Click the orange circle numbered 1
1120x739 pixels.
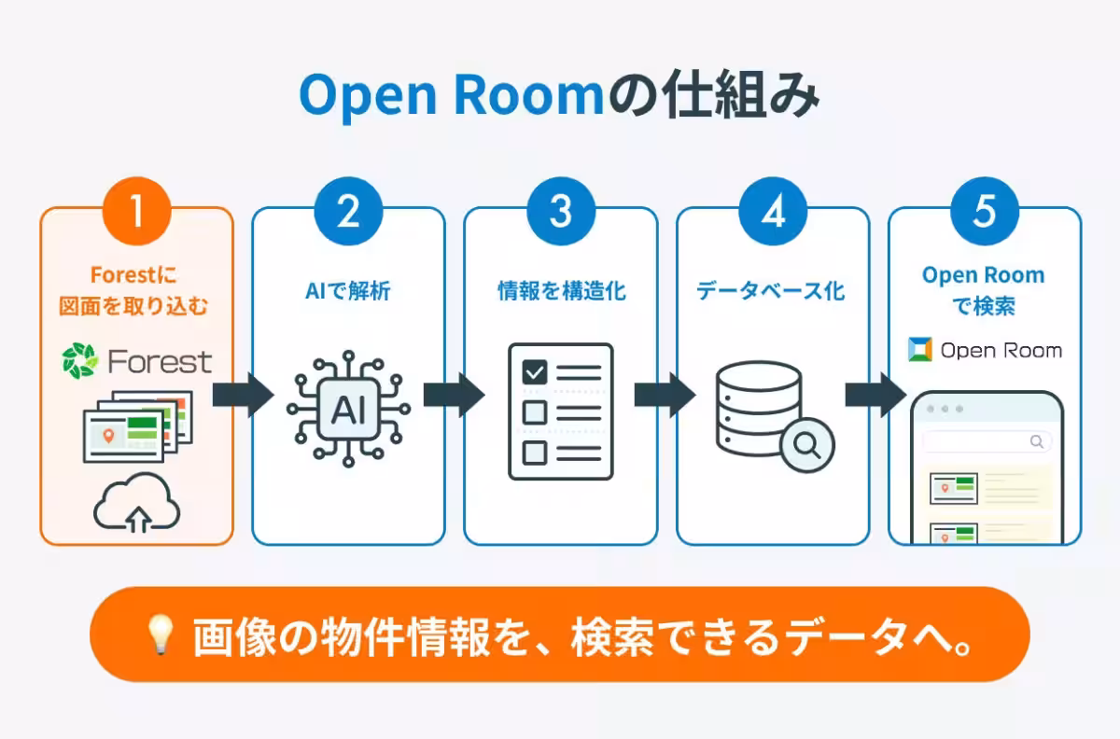[x=137, y=211]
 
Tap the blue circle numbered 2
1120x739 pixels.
[x=348, y=211]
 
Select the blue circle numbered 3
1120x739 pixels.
[x=561, y=211]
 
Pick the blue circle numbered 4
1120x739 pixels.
[x=773, y=211]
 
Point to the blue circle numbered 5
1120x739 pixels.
[x=985, y=211]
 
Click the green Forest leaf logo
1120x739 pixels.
[x=79, y=360]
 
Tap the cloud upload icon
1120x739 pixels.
[x=137, y=502]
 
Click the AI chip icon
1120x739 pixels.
[x=348, y=409]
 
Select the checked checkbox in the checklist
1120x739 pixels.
[x=535, y=372]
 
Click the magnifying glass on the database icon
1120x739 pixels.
[x=807, y=445]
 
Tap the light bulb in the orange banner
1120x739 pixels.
[x=160, y=634]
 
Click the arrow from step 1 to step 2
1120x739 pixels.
[x=243, y=395]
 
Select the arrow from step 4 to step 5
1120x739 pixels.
[x=875, y=395]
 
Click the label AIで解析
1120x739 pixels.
[x=348, y=291]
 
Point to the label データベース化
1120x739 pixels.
[x=771, y=291]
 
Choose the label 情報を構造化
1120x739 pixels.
[x=562, y=291]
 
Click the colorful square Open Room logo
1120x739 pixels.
[x=920, y=350]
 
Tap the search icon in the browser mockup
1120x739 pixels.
[x=1037, y=441]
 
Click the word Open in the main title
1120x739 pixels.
[x=368, y=96]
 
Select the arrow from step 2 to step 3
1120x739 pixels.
[x=454, y=395]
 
